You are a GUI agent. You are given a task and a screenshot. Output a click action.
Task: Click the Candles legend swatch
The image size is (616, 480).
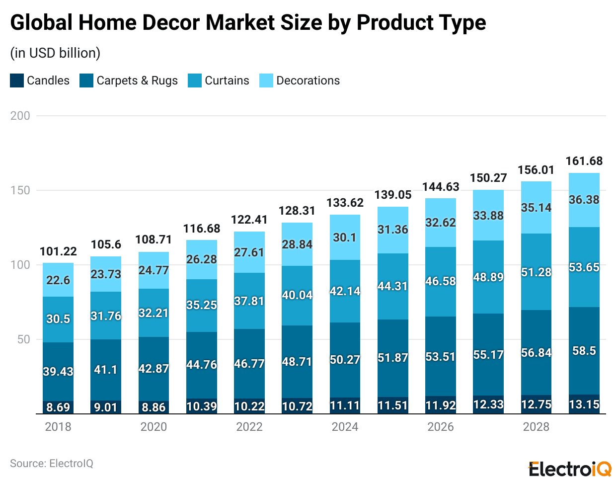coord(17,80)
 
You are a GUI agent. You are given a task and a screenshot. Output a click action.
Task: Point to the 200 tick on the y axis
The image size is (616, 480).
coord(20,116)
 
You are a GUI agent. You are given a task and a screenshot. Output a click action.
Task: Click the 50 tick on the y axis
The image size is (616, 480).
coord(23,339)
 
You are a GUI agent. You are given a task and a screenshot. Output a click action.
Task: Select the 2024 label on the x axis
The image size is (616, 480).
coord(345,427)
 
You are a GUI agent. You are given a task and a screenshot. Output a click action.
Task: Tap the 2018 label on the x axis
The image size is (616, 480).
coord(58,427)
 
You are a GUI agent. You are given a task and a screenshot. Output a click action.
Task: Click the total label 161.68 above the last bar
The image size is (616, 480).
coord(584,161)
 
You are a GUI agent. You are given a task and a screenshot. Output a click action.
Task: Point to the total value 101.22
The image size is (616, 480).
coord(58,251)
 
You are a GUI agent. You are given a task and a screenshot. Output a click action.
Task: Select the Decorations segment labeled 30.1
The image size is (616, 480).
coord(345,238)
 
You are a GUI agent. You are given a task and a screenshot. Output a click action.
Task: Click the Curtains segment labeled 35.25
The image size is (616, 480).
coord(201,305)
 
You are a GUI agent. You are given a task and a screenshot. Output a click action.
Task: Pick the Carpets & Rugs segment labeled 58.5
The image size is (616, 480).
coord(584,351)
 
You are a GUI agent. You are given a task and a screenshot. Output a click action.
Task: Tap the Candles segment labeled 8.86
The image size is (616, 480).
coord(154,407)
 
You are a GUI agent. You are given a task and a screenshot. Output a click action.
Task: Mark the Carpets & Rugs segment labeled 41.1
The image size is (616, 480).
coord(106,369)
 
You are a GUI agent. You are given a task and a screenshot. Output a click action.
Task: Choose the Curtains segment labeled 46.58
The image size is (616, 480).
coord(441,281)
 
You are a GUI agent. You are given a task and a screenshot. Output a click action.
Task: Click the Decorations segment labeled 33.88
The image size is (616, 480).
coord(488,216)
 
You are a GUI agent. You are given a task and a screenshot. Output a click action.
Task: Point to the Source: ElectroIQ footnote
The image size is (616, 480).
coord(52,464)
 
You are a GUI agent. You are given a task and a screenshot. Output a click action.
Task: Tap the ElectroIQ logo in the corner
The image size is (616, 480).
coord(570,469)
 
